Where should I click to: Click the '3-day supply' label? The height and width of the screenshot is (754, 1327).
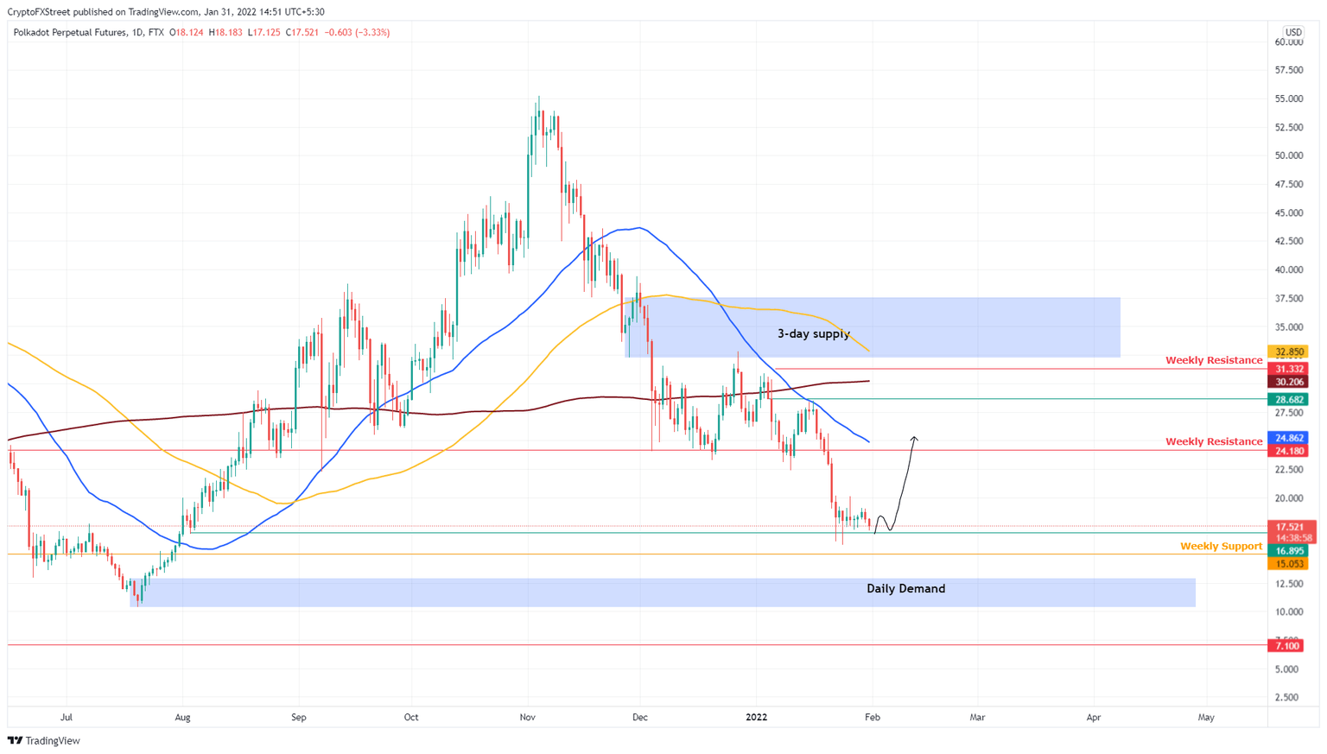click(813, 334)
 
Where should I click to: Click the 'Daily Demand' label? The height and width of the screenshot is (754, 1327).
click(905, 589)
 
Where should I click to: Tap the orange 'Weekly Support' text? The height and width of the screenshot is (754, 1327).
click(1221, 547)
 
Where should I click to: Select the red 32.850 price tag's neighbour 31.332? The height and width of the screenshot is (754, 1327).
click(1287, 369)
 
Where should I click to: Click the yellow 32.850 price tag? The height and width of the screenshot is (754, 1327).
click(1287, 352)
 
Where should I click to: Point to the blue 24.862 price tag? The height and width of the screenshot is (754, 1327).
click(1287, 438)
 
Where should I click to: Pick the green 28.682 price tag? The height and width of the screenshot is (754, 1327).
click(1287, 400)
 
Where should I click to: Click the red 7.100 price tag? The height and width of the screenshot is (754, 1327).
click(1287, 646)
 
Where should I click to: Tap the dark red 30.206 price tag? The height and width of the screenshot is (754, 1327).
click(1287, 382)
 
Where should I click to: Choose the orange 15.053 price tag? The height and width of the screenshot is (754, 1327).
click(1287, 564)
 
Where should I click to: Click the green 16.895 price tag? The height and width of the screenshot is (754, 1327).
click(1287, 551)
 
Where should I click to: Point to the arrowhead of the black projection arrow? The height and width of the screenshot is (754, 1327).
click(914, 439)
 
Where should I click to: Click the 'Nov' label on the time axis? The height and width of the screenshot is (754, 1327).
click(528, 718)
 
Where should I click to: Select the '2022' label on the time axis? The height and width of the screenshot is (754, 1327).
click(756, 718)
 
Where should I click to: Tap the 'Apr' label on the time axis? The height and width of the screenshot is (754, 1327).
click(1094, 718)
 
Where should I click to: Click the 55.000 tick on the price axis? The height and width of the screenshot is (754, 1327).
click(1288, 99)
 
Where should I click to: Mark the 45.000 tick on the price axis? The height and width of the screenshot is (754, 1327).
click(1288, 213)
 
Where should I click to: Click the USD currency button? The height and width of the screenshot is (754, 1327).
click(1292, 33)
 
